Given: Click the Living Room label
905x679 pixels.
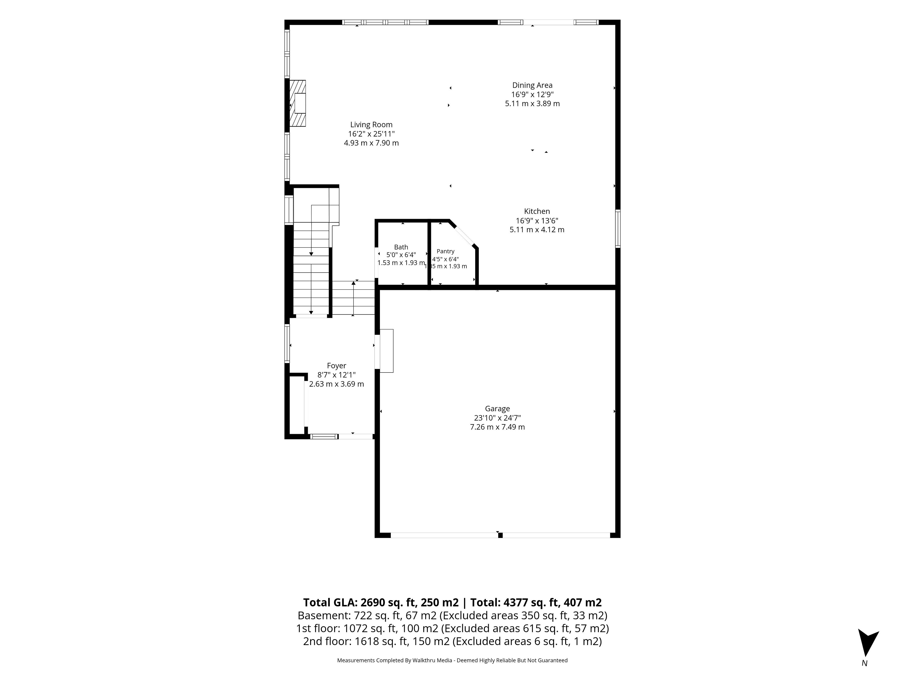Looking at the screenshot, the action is click(x=371, y=125).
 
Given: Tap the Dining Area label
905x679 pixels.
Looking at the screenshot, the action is click(x=532, y=85).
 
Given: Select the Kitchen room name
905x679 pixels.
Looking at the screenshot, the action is click(x=537, y=211).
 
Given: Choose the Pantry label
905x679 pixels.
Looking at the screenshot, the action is click(x=445, y=251).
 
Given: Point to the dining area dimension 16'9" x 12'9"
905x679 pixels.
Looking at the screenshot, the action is click(x=532, y=94).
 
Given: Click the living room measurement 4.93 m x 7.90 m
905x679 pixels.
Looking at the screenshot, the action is click(x=371, y=143).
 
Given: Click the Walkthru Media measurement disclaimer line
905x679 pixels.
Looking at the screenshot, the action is click(x=452, y=660).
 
